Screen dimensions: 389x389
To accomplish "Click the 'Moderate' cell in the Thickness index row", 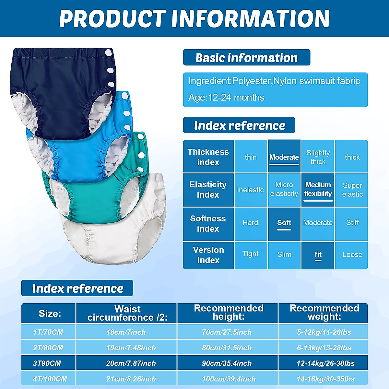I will click(284, 157).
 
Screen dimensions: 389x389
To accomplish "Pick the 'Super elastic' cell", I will click(352, 190).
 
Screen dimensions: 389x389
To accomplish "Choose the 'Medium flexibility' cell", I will click(318, 189).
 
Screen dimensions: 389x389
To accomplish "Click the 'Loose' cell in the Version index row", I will click(352, 255).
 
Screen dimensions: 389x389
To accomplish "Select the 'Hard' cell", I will click(250, 223).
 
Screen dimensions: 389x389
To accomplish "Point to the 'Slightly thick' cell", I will click(318, 157).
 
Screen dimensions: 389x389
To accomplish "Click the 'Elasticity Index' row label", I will click(208, 190).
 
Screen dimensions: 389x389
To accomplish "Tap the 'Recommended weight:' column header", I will click(324, 312).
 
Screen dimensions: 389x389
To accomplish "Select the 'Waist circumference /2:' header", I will click(127, 313).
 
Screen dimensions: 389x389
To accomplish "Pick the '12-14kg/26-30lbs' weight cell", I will click(325, 363).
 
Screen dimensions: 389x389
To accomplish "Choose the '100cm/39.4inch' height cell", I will click(229, 379).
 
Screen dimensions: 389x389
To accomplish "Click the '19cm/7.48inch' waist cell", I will click(131, 348).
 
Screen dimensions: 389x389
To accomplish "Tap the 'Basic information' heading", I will click(246, 58).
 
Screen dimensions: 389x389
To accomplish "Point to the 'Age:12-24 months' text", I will click(226, 98).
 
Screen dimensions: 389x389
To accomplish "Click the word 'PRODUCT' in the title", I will click(112, 19).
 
